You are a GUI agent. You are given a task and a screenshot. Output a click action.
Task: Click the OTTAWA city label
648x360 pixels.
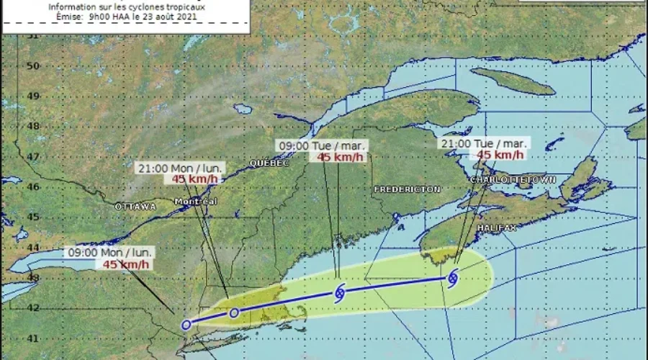(x=135, y=207)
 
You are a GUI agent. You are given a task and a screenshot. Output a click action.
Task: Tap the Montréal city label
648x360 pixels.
(x=195, y=202)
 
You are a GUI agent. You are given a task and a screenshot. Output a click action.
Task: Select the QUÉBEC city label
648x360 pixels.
(x=269, y=163)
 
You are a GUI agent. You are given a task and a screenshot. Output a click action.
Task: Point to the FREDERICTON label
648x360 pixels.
(x=407, y=189)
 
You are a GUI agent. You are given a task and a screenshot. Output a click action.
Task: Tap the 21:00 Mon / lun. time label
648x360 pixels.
(x=179, y=168)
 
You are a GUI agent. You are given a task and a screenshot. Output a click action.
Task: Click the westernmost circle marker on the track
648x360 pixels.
(x=186, y=325)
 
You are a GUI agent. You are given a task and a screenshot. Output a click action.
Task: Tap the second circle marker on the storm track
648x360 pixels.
(x=234, y=312)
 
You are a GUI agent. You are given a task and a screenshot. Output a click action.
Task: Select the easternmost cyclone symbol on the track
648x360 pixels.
(x=453, y=277)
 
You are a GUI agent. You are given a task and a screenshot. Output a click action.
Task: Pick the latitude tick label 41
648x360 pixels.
(x=31, y=337)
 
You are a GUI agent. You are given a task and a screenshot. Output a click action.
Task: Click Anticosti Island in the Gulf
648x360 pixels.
(x=513, y=81)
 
